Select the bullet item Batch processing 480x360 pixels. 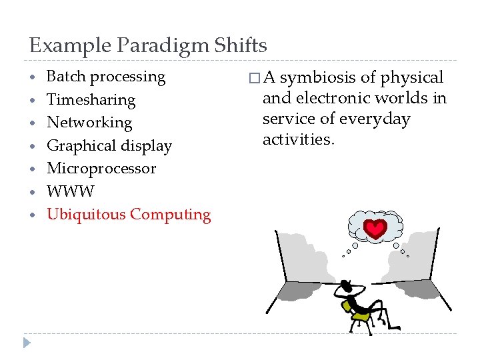click(106, 77)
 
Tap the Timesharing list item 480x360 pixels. click(91, 100)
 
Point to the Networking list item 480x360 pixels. click(89, 123)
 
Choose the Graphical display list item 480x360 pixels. click(109, 146)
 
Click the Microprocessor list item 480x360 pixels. click(101, 168)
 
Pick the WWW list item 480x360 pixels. click(71, 191)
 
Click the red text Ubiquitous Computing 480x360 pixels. click(129, 215)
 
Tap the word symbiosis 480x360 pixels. click(315, 79)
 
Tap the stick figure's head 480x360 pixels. click(346, 284)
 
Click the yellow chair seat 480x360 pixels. click(361, 316)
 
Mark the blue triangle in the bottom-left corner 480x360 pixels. click(27, 343)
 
